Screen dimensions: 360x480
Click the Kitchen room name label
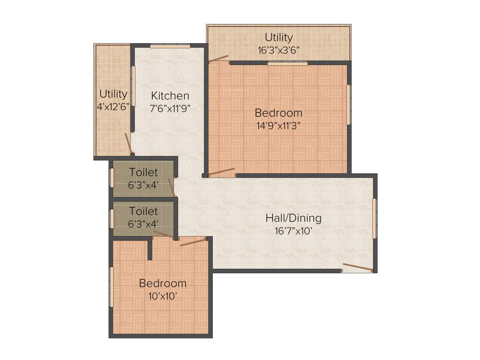click(x=170, y=96)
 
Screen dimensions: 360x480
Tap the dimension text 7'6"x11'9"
click(x=170, y=107)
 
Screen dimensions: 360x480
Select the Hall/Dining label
click(x=293, y=218)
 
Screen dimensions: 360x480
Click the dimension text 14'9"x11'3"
click(x=278, y=125)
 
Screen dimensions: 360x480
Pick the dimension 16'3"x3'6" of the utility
click(x=278, y=49)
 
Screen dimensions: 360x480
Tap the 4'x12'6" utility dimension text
click(x=113, y=106)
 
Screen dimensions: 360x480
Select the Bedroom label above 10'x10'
click(x=162, y=283)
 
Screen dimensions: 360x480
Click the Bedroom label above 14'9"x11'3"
click(x=278, y=113)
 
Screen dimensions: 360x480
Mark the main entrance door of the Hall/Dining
click(x=357, y=268)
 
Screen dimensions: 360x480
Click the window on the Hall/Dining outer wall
click(x=374, y=218)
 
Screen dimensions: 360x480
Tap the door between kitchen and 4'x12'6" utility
click(x=128, y=143)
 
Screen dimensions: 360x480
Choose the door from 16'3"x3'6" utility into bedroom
click(x=218, y=59)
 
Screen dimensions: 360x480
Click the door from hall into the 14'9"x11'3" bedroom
click(x=221, y=172)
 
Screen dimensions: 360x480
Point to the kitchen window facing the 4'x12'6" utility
click(x=133, y=86)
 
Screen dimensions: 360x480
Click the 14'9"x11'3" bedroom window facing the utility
click(x=287, y=63)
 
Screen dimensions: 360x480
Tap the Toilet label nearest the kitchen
click(x=143, y=172)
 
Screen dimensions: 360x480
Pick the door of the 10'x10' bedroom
click(x=193, y=242)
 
